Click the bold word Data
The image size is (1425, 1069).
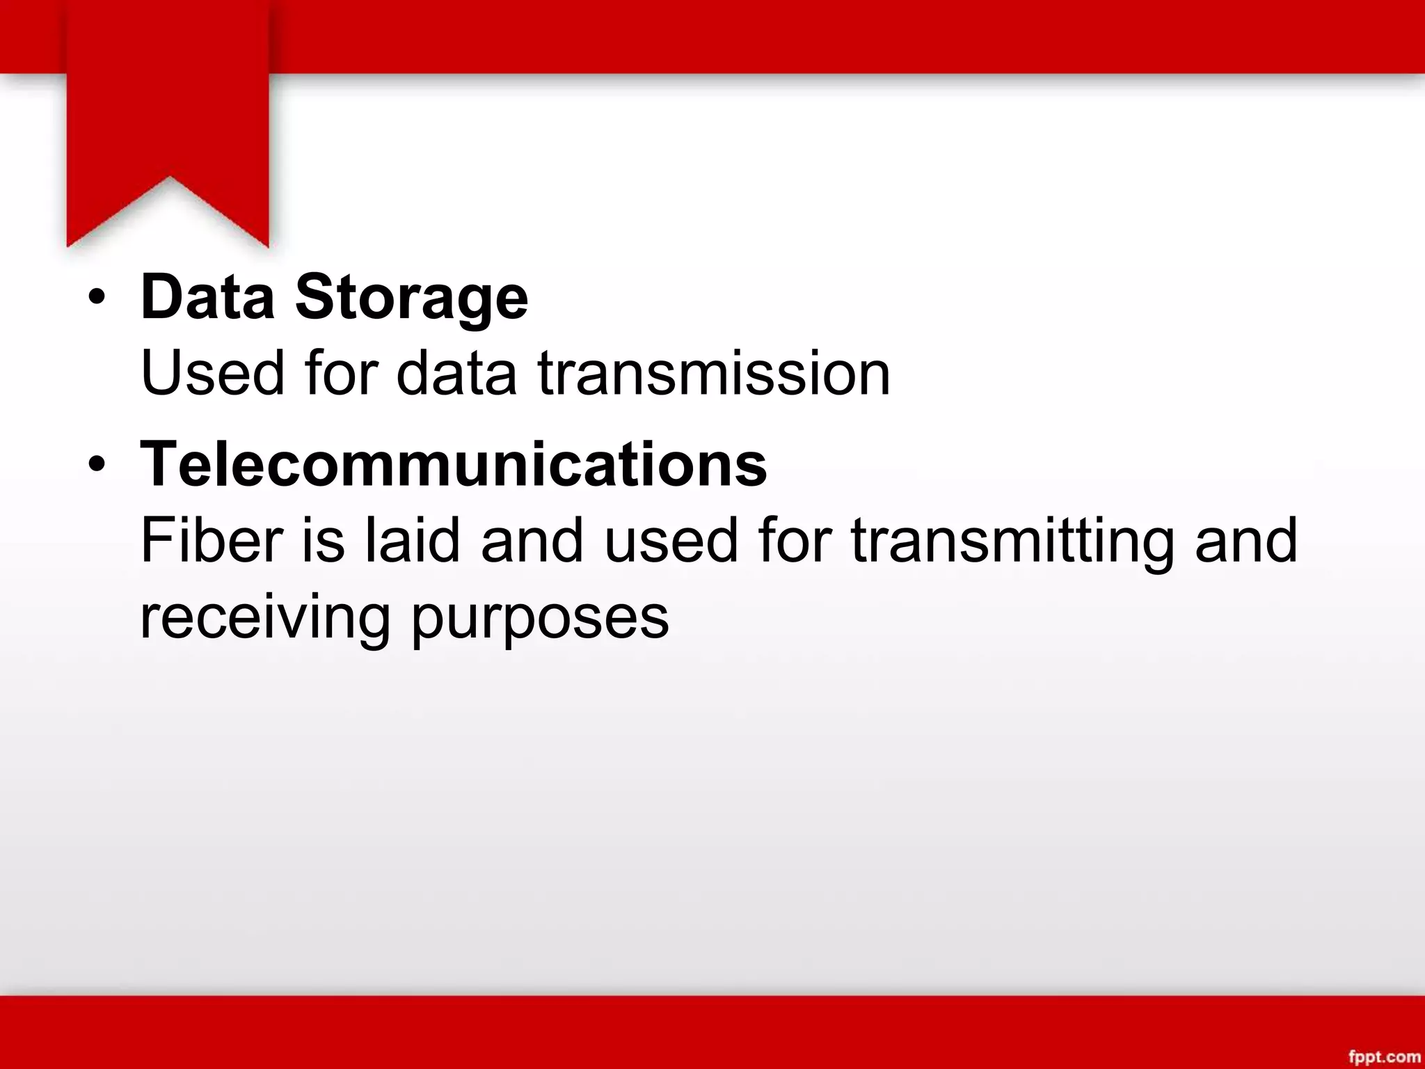[x=207, y=298]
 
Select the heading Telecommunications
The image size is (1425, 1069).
[x=454, y=465]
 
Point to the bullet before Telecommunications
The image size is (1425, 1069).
[x=97, y=465]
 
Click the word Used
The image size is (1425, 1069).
[x=212, y=374]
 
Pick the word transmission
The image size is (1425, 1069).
[x=713, y=374]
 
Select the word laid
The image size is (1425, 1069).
[x=413, y=541]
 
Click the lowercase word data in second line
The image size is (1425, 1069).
[x=456, y=374]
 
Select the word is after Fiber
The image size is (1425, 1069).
[x=323, y=541]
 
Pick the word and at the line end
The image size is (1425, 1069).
[x=1245, y=541]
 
